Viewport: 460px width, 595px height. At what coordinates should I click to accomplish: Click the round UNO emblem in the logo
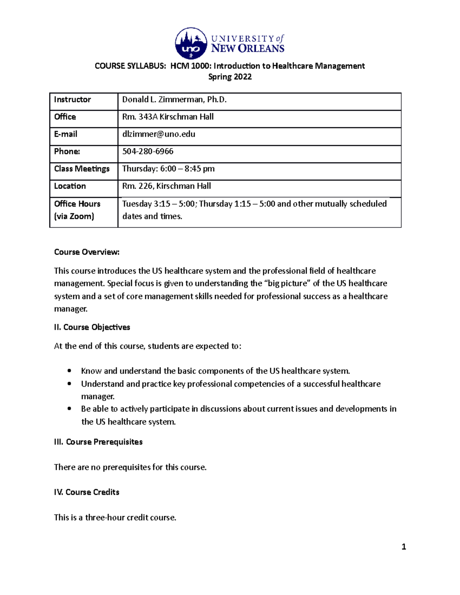[191, 43]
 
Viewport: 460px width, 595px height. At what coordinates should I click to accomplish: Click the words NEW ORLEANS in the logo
[248, 49]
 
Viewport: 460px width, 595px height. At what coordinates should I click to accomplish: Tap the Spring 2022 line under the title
[230, 77]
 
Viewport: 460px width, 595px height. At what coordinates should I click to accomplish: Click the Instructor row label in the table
[72, 100]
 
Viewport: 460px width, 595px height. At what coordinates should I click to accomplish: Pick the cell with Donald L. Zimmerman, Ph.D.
[174, 100]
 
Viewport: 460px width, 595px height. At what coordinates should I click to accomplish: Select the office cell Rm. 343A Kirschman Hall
[168, 117]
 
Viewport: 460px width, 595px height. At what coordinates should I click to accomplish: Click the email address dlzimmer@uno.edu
[159, 134]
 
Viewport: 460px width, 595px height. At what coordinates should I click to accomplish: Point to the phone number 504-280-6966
[148, 151]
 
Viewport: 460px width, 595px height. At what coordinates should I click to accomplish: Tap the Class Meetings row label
[82, 169]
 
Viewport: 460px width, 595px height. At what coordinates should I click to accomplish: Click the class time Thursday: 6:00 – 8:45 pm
[168, 169]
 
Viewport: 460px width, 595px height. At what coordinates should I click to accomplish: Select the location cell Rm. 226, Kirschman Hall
[166, 186]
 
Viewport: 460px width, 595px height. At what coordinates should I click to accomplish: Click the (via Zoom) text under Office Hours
[74, 216]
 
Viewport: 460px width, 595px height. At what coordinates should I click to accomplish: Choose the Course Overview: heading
[87, 252]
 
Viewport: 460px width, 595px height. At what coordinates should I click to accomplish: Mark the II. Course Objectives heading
[92, 327]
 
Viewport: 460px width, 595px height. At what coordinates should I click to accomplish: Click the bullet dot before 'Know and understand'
[69, 370]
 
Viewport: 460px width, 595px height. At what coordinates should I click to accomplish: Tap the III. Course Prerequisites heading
[98, 442]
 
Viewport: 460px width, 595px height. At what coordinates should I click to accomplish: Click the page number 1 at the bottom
[404, 547]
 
